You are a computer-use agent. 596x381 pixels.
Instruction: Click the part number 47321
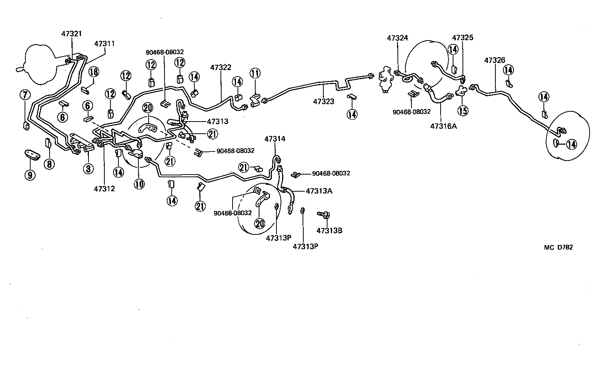[x=71, y=34]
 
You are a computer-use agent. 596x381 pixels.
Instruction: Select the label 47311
[x=104, y=44]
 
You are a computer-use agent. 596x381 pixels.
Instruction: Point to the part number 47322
[x=220, y=67]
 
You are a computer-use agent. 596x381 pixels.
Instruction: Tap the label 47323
[x=323, y=101]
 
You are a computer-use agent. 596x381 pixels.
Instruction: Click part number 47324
[x=397, y=38]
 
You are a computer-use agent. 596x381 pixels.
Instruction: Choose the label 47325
[x=463, y=38]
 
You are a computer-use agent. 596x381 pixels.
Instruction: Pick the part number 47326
[x=495, y=60]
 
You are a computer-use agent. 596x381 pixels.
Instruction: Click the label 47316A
[x=443, y=126]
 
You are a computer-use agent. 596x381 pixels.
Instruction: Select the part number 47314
[x=275, y=139]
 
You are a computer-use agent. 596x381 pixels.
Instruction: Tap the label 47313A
[x=319, y=191]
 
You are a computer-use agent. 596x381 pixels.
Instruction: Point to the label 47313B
[x=329, y=230]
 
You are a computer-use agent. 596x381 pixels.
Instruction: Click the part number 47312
[x=104, y=188]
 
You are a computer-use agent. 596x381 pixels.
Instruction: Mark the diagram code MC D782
[x=558, y=247]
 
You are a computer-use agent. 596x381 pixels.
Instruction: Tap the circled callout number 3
[x=88, y=168]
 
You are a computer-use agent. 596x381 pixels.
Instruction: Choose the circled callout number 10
[x=139, y=184]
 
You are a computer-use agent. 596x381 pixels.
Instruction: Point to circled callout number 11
[x=255, y=73]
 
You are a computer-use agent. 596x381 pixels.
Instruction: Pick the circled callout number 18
[x=93, y=72]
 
